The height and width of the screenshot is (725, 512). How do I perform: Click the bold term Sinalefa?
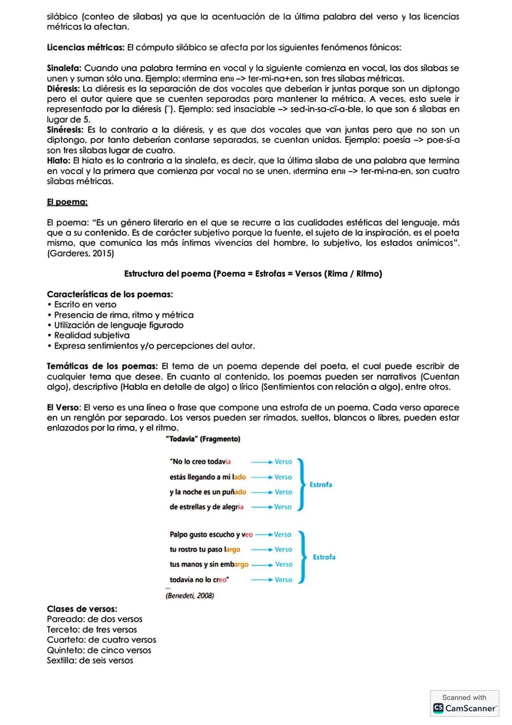64,68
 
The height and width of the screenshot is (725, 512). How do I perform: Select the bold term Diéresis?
64,89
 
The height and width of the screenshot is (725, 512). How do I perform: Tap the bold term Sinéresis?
65,130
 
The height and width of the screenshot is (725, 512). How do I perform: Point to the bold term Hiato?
59,161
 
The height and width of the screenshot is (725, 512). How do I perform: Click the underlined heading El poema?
67,202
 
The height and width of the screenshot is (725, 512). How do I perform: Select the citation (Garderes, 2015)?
81,253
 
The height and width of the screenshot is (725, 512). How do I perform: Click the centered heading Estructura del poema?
253,274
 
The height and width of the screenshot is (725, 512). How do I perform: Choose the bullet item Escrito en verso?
85,305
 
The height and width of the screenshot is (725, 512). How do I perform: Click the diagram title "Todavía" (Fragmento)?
203,439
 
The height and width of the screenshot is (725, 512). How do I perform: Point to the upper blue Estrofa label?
320,484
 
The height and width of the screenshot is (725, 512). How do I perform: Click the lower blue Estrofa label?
324,557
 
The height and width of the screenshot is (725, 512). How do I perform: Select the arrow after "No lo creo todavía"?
262,462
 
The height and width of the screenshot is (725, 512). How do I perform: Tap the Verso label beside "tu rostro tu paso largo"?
283,549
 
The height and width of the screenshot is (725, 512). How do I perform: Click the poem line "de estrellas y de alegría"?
207,507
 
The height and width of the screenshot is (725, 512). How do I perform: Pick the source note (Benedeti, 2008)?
190,595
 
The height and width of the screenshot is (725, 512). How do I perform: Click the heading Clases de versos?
82,609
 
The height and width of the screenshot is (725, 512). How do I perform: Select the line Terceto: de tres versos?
92,630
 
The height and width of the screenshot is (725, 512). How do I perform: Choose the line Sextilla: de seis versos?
90,660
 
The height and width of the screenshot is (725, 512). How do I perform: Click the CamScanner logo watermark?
465,708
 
